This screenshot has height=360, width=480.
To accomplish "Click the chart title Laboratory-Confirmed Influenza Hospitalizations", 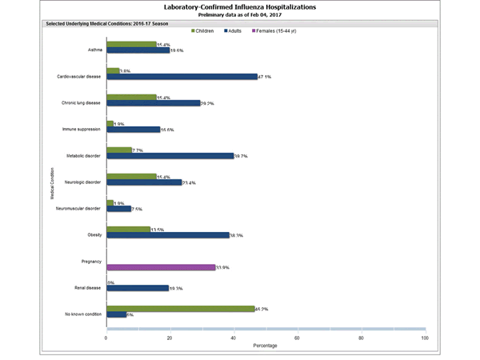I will click(x=240, y=6).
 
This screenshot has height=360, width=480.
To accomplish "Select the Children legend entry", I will click(x=210, y=30).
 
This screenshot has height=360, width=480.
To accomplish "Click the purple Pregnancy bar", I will click(x=161, y=267).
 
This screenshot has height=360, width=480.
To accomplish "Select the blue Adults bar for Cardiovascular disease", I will click(x=182, y=77).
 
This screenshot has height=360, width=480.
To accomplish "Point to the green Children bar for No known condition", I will click(x=180, y=308).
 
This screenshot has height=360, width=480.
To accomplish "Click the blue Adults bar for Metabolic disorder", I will click(x=170, y=156).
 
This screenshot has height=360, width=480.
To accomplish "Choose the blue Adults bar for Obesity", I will click(x=167, y=236).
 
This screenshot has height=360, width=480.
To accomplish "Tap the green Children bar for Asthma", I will click(x=131, y=44).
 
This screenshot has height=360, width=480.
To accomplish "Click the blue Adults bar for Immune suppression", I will click(x=133, y=130).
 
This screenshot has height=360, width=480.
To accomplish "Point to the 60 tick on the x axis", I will click(x=297, y=338).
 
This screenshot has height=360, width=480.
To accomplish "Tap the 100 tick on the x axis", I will click(x=424, y=338).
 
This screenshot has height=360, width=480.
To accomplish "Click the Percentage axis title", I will click(x=266, y=346).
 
